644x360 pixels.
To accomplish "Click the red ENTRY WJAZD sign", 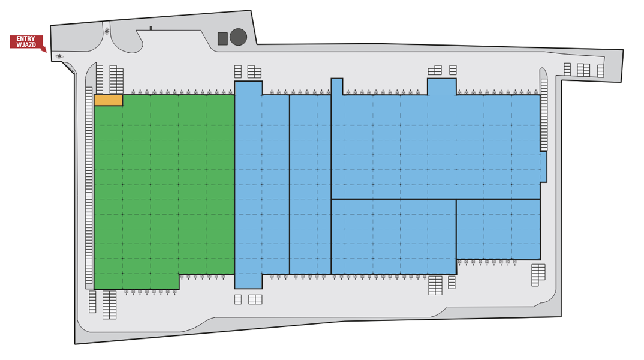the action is pos(27,43).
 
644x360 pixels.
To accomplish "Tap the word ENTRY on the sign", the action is pos(25,39).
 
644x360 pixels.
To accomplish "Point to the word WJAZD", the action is pos(26,45).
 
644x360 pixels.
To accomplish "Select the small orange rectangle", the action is pos(109,100).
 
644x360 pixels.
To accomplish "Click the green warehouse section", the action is pos(164,185).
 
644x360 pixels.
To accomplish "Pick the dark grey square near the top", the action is pos(222,38).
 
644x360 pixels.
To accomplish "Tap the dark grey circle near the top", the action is pos(238,37).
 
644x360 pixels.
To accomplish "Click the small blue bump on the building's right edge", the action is pos(543,167).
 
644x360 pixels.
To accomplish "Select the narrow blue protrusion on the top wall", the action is pos(337,86).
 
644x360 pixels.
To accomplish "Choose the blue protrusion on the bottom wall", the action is pos(248,281).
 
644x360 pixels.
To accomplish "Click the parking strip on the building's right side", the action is pos(544,115).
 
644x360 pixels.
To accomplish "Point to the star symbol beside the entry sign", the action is pos(59,56).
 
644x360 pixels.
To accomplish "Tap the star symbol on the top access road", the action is pos(107,31).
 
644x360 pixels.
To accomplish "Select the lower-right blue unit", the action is pos(498,229).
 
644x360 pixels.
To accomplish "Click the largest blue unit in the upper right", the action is pos(435,147).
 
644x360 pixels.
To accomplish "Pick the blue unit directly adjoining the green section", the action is pos(262,185).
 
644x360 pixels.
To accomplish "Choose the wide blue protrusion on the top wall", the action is pos(441,87).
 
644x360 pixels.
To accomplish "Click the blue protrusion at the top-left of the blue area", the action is pos(248,88).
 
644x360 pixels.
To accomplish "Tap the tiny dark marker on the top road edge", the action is pos(151,28).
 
